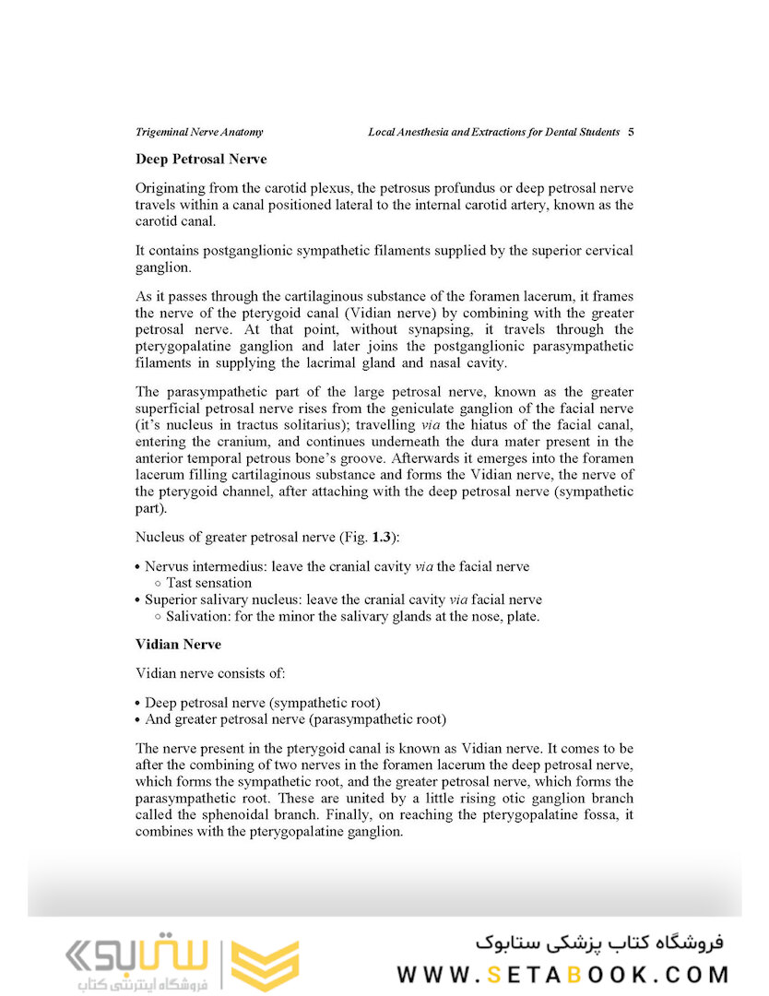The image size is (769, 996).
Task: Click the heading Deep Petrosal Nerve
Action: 201,160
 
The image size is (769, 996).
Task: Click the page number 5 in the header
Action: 631,132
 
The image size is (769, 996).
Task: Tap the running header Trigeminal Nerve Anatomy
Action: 199,132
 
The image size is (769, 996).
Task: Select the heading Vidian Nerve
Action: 178,644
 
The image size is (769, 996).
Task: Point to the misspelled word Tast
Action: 181,583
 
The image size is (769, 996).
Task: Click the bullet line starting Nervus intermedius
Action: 337,566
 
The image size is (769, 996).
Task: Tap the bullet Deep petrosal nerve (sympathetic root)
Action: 263,702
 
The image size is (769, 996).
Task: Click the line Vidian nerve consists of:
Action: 210,673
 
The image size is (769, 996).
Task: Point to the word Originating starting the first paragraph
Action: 170,188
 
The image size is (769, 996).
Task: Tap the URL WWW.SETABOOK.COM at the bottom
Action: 563,974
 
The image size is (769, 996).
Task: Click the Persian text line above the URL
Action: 600,943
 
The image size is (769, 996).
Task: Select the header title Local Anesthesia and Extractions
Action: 493,132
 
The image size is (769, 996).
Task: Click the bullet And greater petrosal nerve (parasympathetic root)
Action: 295,718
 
